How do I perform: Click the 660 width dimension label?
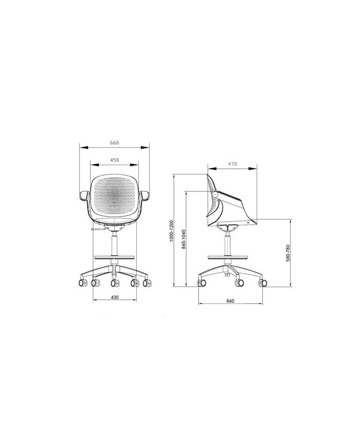point(114,143)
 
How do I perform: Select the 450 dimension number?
point(114,160)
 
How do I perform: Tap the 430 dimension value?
point(114,297)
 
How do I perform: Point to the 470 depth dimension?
point(232,164)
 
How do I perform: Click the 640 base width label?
point(230,301)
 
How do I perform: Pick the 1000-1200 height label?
point(171,231)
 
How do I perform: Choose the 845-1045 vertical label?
point(184,239)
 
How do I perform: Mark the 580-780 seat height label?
point(287,253)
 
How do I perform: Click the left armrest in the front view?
point(84,196)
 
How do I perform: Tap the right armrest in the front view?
point(145,195)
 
